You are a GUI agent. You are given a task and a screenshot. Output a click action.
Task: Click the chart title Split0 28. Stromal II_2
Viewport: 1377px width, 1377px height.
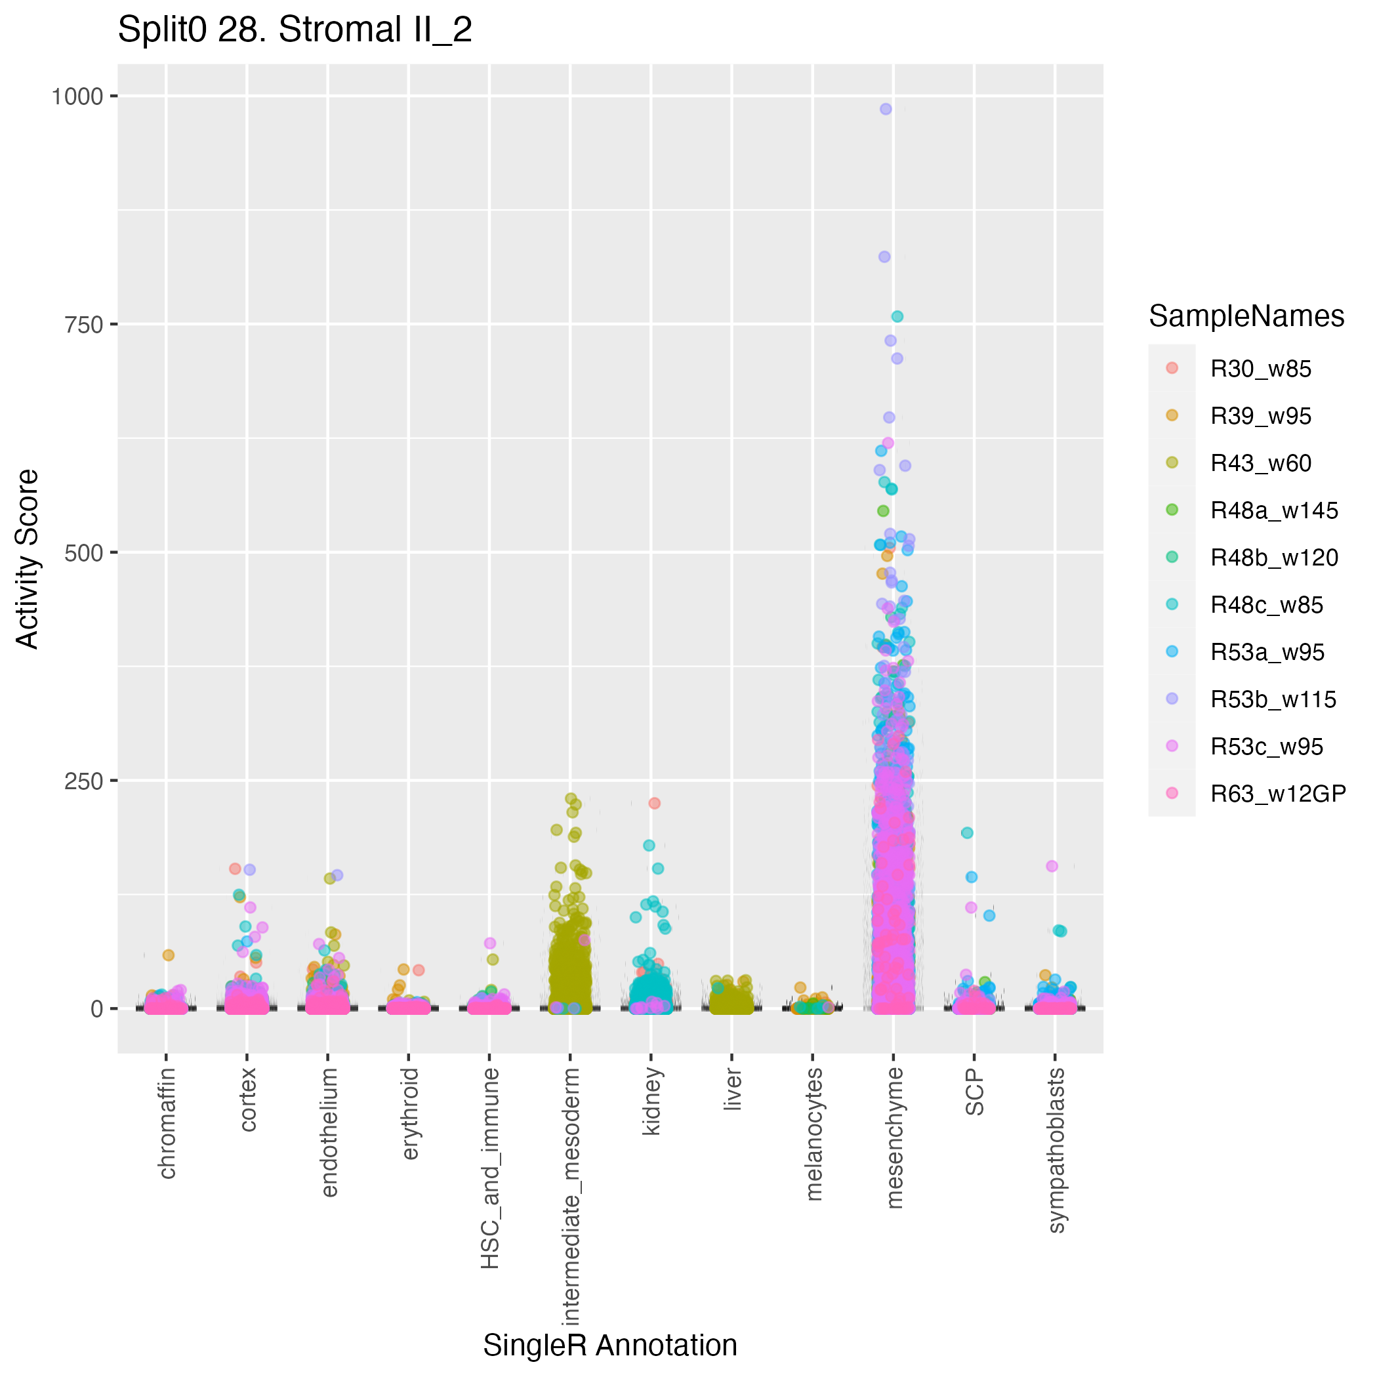(x=295, y=31)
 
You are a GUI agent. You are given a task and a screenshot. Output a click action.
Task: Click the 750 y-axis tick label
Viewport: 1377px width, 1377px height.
(x=83, y=324)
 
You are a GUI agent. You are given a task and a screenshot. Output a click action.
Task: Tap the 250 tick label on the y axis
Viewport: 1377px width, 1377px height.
(x=83, y=781)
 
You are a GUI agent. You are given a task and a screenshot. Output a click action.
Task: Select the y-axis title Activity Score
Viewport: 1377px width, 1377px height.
(x=28, y=558)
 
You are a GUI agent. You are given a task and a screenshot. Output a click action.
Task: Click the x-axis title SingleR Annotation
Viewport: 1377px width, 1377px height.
(x=610, y=1345)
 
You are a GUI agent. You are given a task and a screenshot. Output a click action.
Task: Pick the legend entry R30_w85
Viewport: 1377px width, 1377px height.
(x=1260, y=369)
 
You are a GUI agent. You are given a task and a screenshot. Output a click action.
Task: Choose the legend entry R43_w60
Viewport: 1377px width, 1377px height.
(x=1260, y=463)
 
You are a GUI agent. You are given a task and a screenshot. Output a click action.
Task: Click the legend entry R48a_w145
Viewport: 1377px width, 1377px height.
(x=1273, y=510)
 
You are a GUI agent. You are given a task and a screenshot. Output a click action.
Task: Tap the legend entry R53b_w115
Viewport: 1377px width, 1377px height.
(x=1273, y=699)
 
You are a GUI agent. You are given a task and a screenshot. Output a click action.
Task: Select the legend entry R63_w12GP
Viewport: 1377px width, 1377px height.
(x=1278, y=793)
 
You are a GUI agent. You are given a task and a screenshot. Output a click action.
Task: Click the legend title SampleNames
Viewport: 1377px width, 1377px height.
(x=1246, y=316)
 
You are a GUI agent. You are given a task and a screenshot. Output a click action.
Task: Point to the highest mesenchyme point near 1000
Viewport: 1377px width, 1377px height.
(x=886, y=109)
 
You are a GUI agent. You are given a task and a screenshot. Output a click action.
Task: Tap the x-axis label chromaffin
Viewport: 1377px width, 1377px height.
(x=167, y=1122)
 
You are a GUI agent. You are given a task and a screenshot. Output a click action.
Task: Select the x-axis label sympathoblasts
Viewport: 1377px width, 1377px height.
(x=1056, y=1149)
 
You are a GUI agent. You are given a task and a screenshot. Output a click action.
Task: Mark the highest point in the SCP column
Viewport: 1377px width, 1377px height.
(x=967, y=832)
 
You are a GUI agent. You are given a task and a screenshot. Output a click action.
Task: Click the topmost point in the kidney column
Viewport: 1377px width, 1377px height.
(x=654, y=803)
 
